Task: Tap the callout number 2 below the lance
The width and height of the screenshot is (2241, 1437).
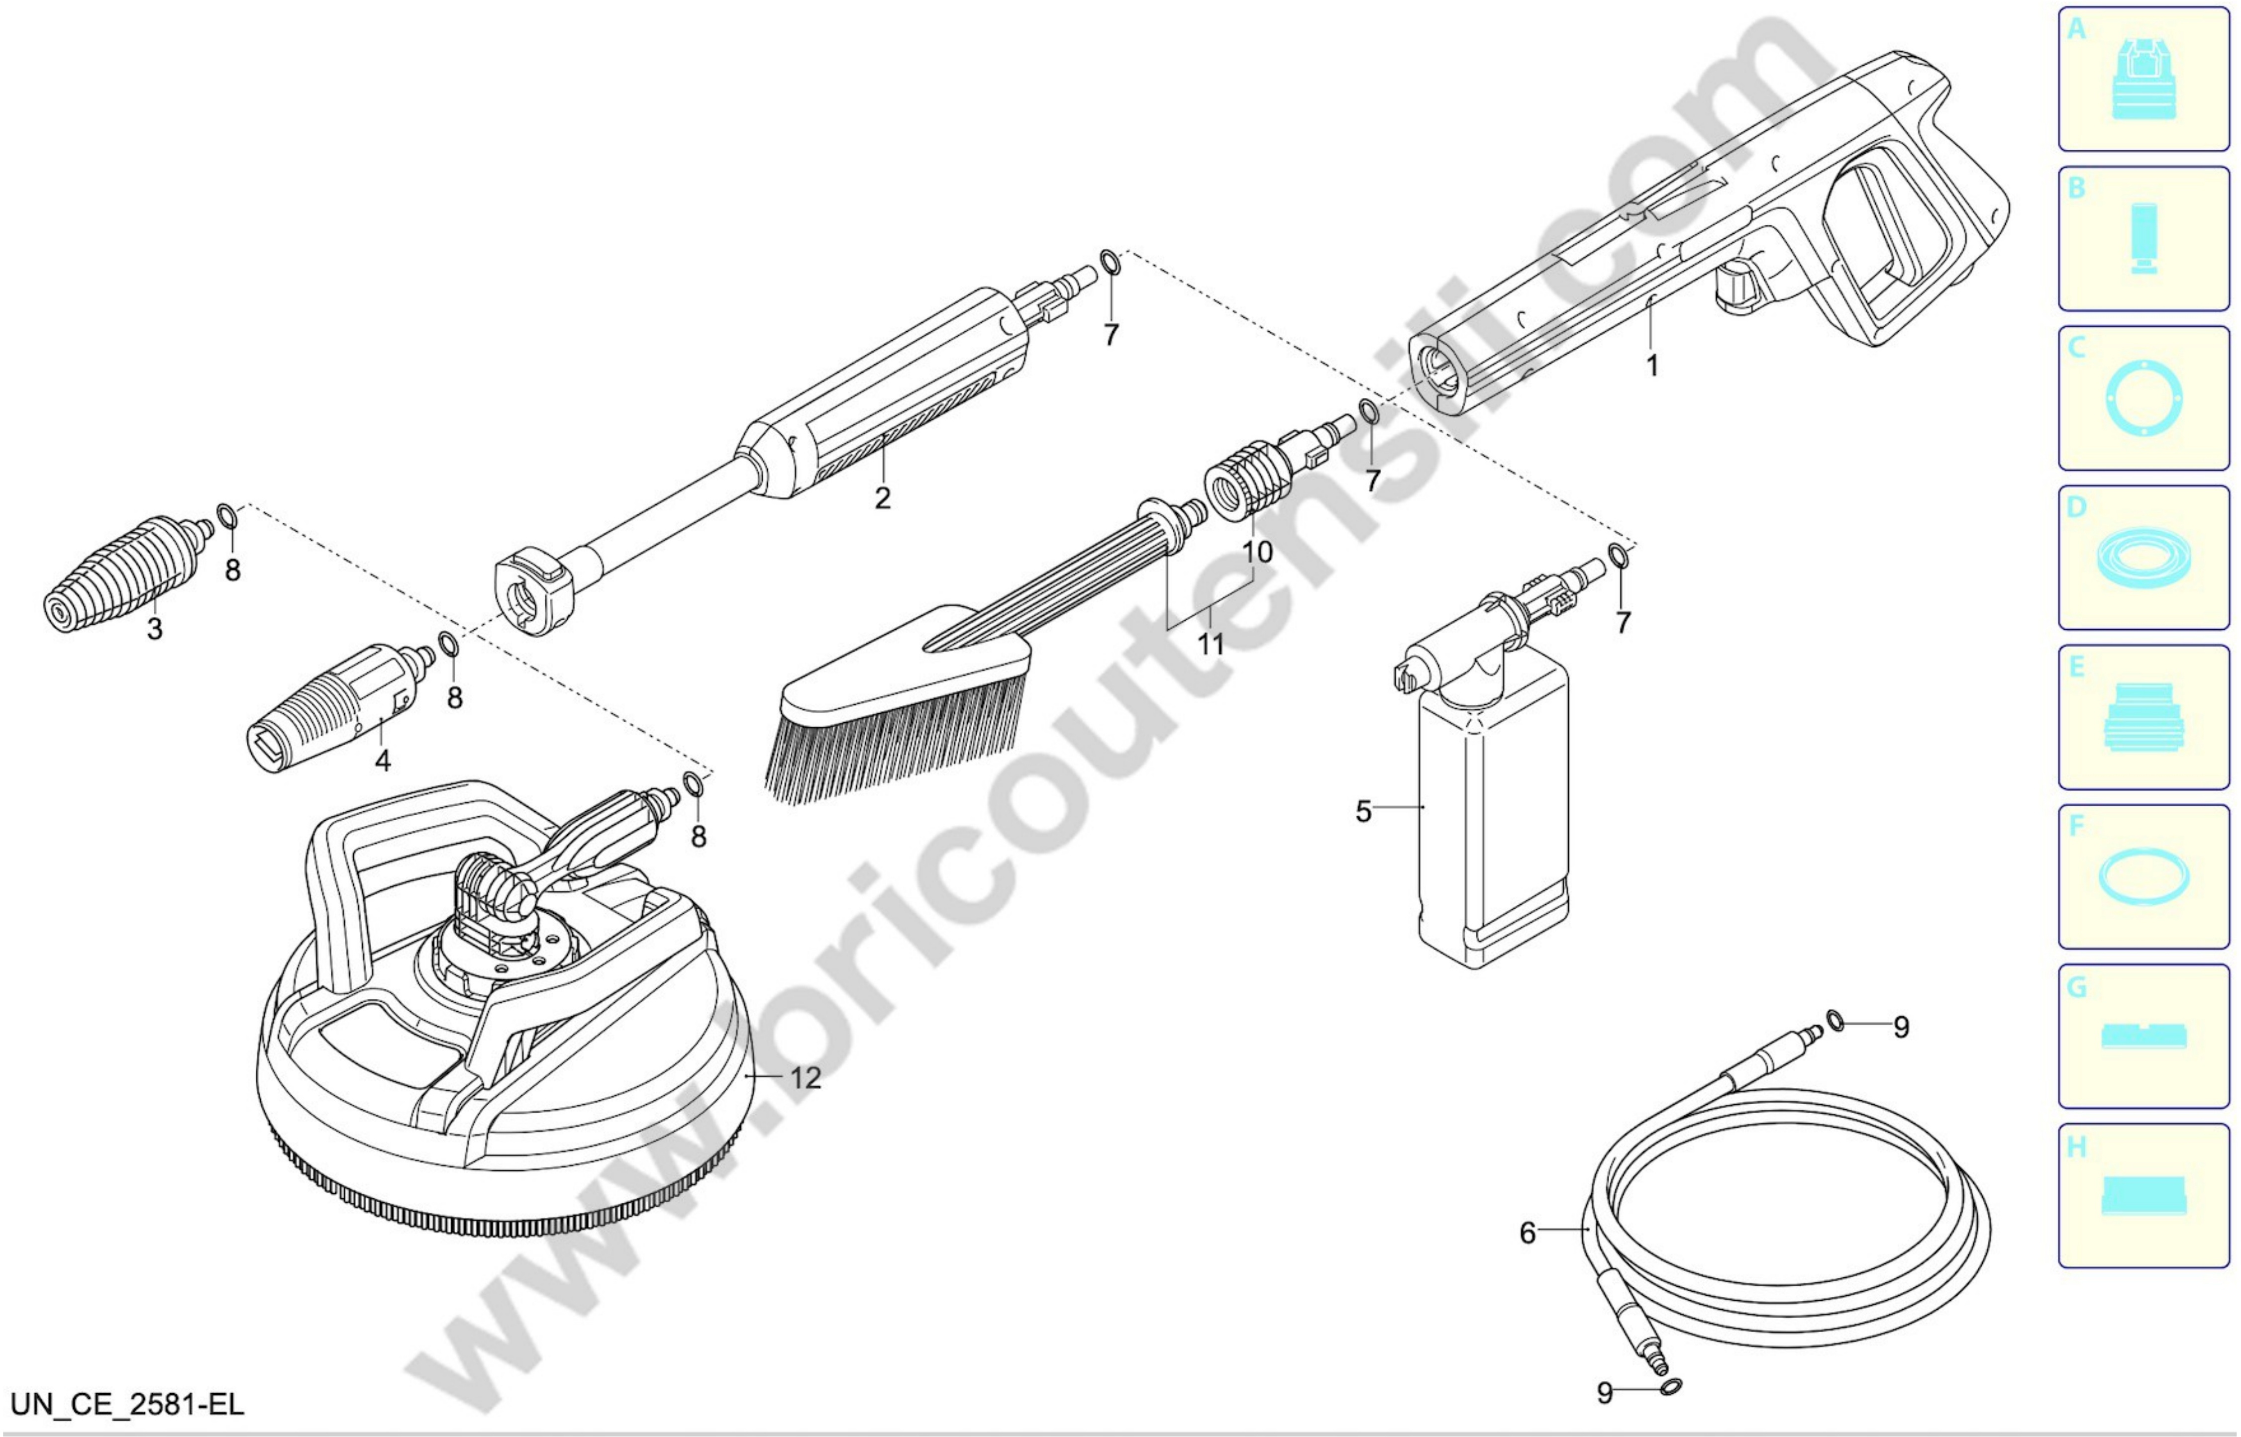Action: (882, 497)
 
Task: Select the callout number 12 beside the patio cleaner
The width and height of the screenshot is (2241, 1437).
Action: (806, 1078)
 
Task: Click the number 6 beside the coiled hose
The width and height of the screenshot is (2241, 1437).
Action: (1527, 1234)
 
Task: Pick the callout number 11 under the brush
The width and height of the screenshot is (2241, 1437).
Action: (1211, 644)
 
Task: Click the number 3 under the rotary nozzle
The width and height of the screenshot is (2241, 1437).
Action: (155, 629)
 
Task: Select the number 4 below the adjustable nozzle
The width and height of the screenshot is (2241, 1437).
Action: (383, 761)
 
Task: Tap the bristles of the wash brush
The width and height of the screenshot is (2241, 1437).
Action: (896, 742)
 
